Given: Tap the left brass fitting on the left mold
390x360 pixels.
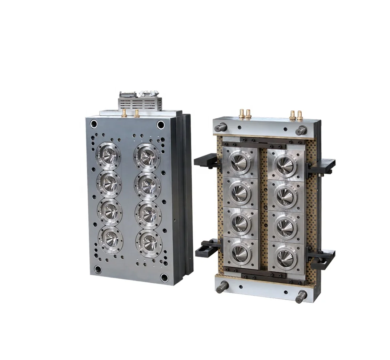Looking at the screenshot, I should click(124, 113).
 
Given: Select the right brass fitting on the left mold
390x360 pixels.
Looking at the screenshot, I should click(137, 113).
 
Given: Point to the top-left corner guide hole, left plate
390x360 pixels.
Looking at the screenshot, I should click(94, 124).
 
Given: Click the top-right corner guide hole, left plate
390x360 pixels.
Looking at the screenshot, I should click(161, 125).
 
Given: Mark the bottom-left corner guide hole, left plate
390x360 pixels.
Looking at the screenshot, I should click(98, 269).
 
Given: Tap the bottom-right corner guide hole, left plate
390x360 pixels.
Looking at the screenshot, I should click(164, 278).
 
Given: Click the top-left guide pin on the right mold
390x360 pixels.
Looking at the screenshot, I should click(220, 128).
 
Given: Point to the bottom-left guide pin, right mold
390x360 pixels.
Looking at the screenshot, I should click(221, 287).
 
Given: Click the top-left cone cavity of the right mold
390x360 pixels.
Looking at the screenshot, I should click(240, 162).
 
